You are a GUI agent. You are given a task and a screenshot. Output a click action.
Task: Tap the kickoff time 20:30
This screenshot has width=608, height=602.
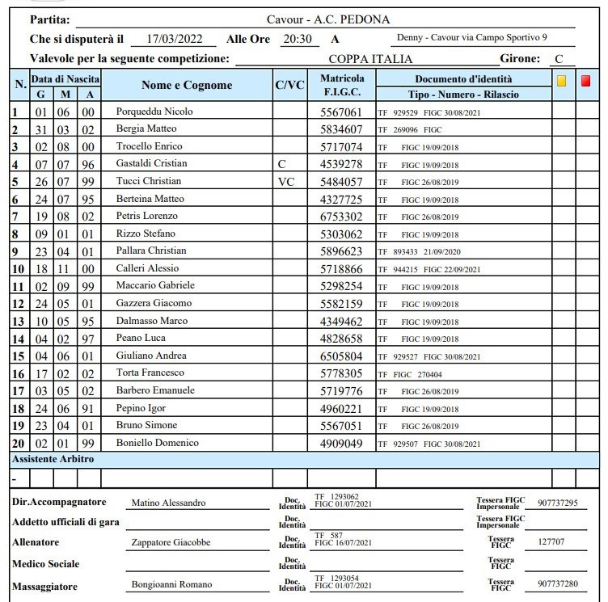pyautogui.click(x=298, y=39)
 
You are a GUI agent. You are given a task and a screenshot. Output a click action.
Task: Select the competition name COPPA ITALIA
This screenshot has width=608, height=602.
pyautogui.click(x=370, y=59)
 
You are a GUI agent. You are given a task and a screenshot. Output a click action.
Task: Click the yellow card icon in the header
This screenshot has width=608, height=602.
pyautogui.click(x=561, y=81)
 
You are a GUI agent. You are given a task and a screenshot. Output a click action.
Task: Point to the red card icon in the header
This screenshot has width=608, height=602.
pyautogui.click(x=585, y=81)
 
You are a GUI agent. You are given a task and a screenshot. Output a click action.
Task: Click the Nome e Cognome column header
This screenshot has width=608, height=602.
pyautogui.click(x=186, y=85)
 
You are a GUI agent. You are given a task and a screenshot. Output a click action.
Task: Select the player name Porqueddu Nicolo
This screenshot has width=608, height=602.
pyautogui.click(x=154, y=112)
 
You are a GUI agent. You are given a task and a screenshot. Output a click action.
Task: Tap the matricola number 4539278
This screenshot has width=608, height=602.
pyautogui.click(x=342, y=164)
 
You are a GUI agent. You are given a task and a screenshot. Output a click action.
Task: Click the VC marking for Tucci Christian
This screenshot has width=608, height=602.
pyautogui.click(x=286, y=181)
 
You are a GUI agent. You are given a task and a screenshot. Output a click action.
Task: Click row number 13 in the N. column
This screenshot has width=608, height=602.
pyautogui.click(x=17, y=321)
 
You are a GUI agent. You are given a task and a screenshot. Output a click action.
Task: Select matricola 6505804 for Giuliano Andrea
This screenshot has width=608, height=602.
pyautogui.click(x=342, y=356)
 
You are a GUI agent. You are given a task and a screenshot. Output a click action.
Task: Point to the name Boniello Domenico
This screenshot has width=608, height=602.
pyautogui.click(x=158, y=443)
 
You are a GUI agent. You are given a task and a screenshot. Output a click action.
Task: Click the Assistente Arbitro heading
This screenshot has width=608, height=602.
pyautogui.click(x=53, y=459)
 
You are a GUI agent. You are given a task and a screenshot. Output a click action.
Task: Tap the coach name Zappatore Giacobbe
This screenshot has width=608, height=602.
pyautogui.click(x=171, y=542)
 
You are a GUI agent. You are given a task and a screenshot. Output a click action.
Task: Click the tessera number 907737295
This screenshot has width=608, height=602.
pyautogui.click(x=557, y=503)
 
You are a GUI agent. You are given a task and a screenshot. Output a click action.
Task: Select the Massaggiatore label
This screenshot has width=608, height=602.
pyautogui.click(x=46, y=585)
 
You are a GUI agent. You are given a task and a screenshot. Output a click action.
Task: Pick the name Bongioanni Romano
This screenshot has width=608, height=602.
pyautogui.click(x=171, y=584)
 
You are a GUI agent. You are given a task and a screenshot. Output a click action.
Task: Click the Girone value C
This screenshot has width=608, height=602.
pyautogui.click(x=558, y=59)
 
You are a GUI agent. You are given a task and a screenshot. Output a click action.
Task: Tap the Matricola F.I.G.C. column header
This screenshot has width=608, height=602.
pyautogui.click(x=342, y=85)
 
